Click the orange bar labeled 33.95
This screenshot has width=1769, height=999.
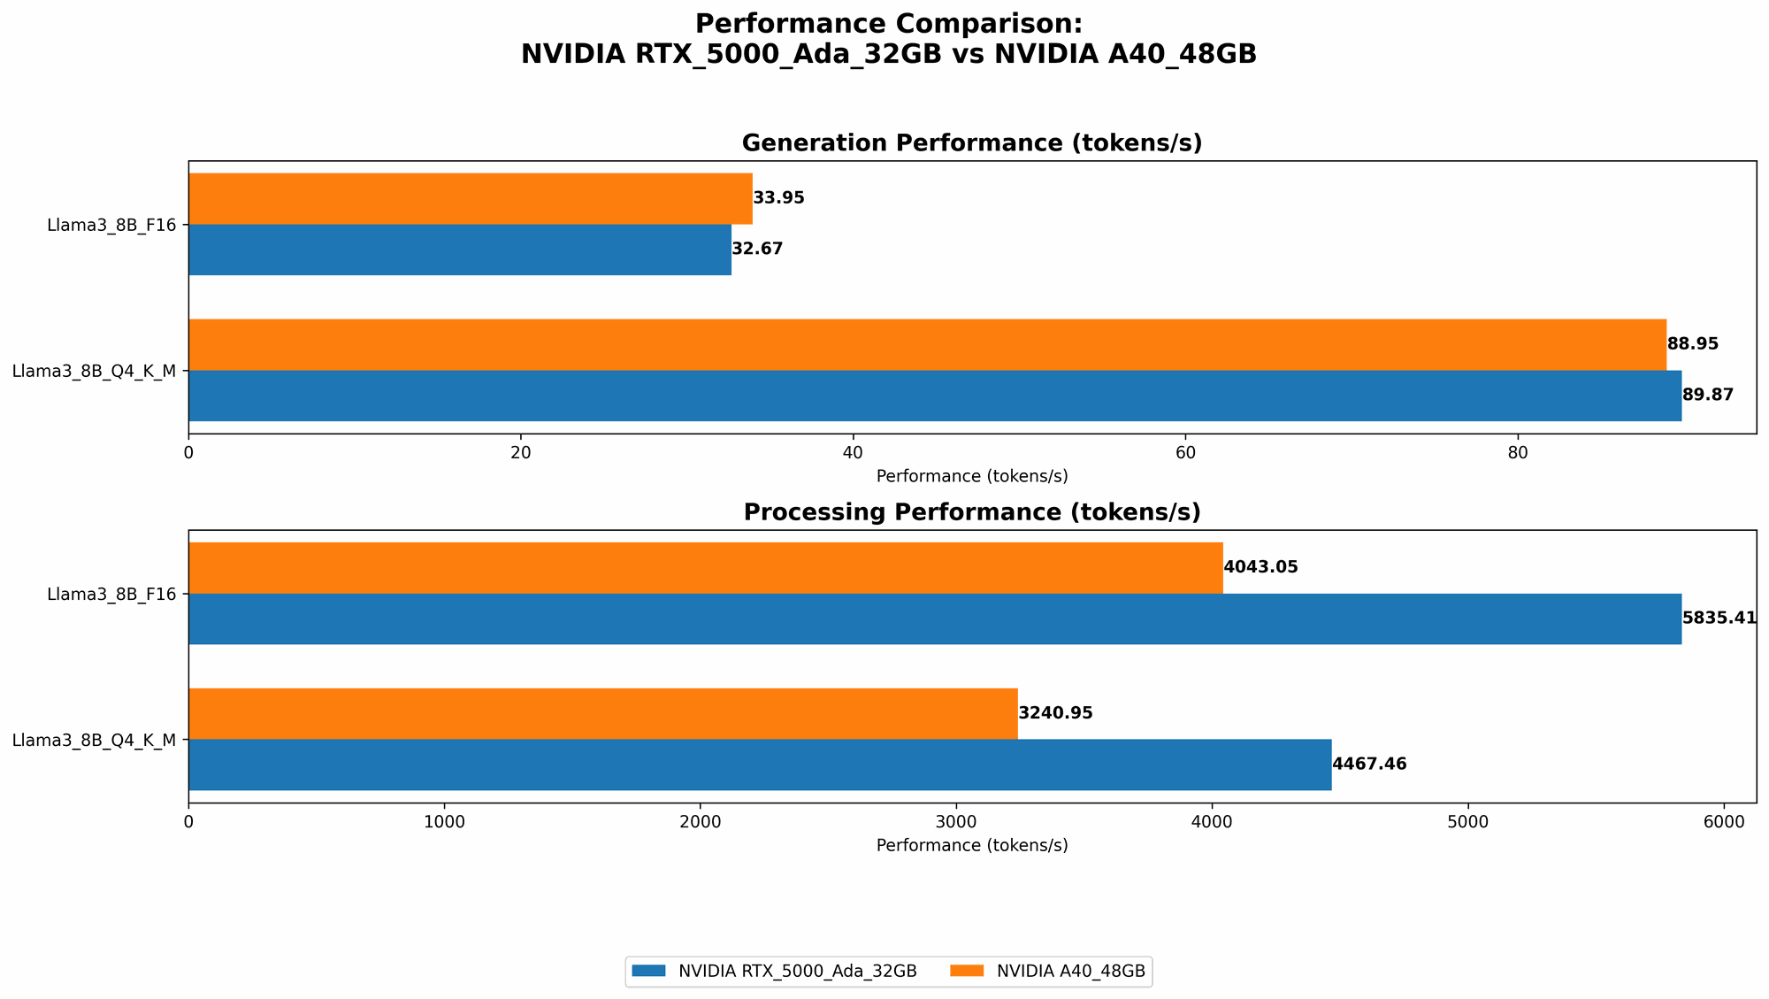[470, 198]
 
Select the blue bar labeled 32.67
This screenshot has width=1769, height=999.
[459, 250]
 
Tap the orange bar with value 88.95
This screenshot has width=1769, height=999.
[927, 344]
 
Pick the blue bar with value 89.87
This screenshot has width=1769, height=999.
[934, 396]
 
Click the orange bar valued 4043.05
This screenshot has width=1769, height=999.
[705, 567]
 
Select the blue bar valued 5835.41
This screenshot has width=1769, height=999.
[934, 619]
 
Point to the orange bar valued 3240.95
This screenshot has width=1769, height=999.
[602, 713]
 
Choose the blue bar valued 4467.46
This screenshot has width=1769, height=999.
[759, 765]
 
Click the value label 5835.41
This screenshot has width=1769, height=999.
[1719, 619]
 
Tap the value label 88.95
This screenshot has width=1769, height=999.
[1692, 344]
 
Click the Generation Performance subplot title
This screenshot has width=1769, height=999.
[971, 143]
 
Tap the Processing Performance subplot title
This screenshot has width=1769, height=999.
[971, 512]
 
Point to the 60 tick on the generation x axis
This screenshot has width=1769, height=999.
[1185, 453]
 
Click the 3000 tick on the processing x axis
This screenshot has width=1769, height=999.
[956, 822]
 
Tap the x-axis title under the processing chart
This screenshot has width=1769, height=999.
[971, 845]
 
